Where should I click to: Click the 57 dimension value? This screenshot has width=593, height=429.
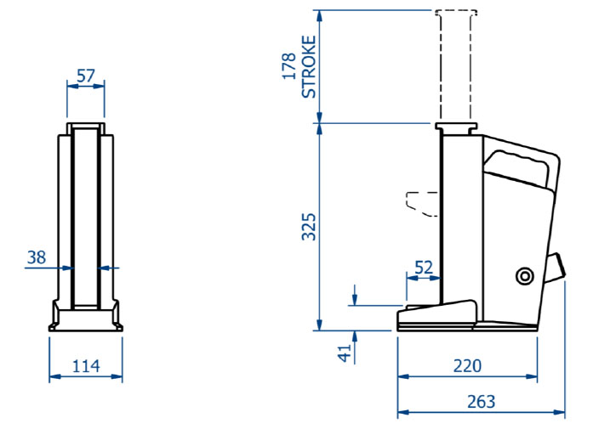point(85,76)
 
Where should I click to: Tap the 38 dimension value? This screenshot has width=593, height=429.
point(37,257)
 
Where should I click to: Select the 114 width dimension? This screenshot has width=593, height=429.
point(86,366)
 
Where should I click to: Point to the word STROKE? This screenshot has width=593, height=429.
point(309,67)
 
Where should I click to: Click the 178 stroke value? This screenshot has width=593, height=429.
point(289,66)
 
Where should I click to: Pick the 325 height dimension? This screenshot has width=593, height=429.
point(308,227)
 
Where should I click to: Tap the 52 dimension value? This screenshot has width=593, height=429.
point(424,268)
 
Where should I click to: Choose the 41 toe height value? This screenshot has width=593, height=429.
point(345,353)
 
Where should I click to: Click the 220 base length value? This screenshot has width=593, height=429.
point(467,365)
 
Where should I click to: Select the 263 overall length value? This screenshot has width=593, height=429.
point(481,402)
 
